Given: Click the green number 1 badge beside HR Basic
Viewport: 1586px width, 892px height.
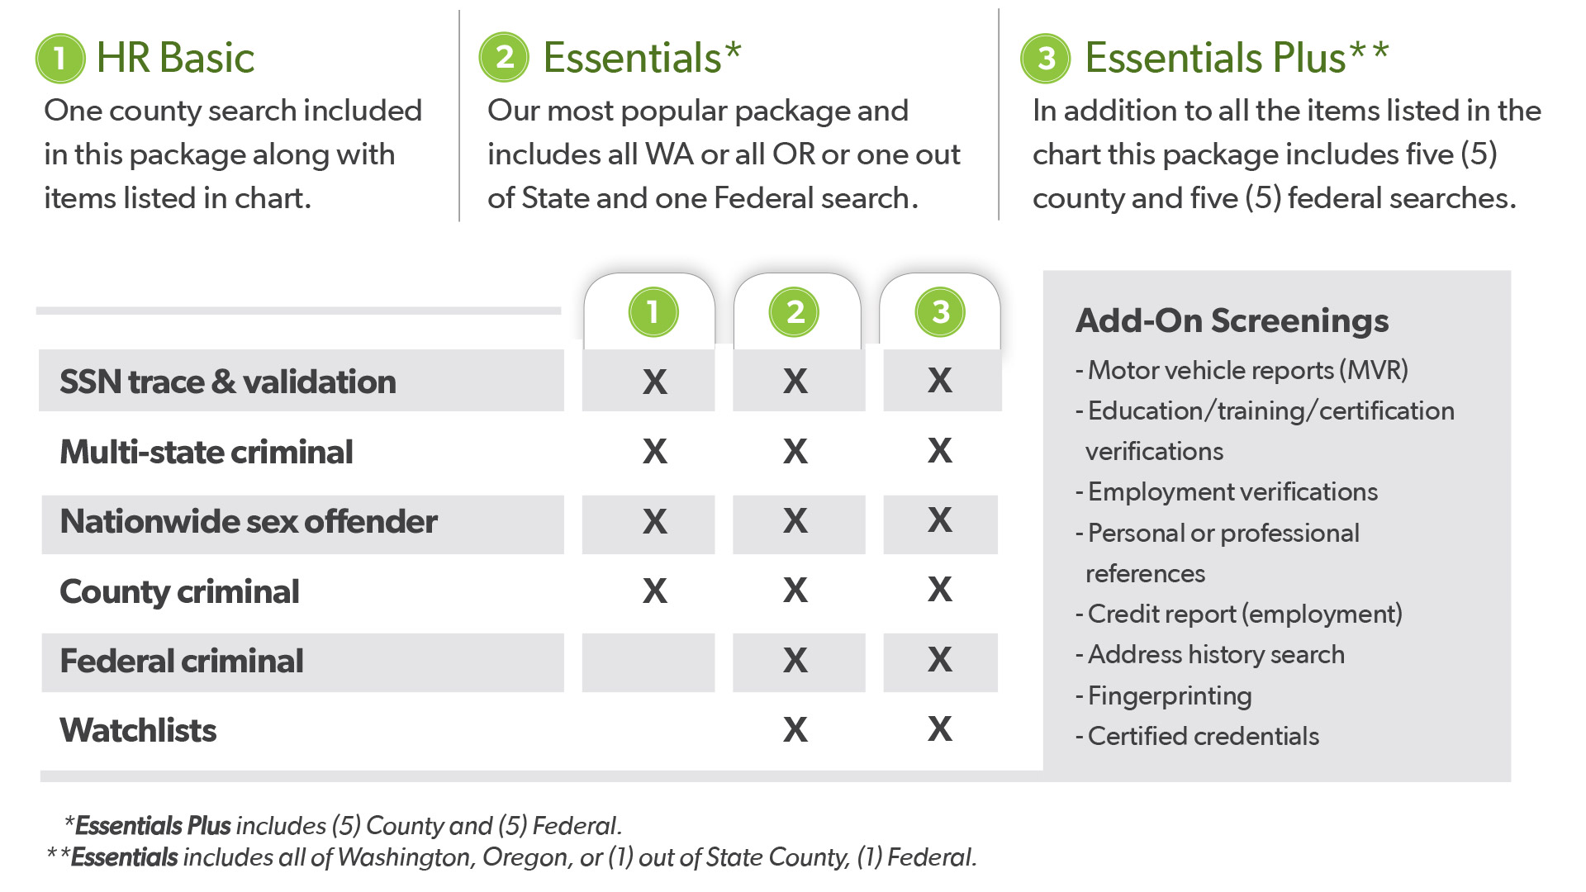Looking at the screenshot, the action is (x=60, y=58).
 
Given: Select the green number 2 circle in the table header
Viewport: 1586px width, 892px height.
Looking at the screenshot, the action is (x=794, y=312).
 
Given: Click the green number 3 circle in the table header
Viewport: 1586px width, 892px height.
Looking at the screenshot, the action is (x=940, y=312).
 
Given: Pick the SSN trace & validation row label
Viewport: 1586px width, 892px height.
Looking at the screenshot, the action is (x=228, y=382).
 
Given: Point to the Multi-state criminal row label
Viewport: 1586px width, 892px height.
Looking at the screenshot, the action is (x=207, y=452).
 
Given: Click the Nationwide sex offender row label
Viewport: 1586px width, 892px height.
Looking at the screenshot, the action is (x=249, y=521).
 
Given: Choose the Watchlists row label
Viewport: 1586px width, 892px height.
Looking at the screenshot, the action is (x=138, y=730).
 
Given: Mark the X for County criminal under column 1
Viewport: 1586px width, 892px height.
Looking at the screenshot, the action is (x=655, y=591).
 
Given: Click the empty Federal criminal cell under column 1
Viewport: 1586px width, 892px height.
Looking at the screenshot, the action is (x=648, y=662).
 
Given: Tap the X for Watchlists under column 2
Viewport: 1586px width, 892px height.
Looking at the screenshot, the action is (x=795, y=729).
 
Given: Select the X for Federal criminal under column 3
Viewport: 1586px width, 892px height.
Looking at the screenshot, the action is (x=940, y=659).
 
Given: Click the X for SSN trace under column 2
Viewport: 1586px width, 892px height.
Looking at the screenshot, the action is (x=795, y=381).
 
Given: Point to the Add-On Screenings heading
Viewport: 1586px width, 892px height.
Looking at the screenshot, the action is (x=1232, y=320).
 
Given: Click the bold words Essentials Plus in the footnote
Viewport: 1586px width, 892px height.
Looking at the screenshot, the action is (x=153, y=826).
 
